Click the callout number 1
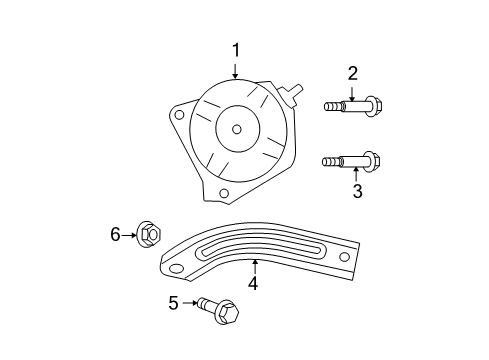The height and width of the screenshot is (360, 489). click(x=236, y=49)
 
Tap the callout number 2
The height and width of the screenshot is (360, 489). click(x=352, y=72)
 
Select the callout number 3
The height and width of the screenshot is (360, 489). click(x=357, y=191)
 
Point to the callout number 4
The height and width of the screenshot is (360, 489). click(x=253, y=284)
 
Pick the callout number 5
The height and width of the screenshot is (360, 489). click(x=173, y=302)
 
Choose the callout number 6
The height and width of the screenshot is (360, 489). click(x=115, y=234)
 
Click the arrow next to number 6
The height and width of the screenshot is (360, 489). click(x=130, y=235)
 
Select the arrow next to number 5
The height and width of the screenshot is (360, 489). click(x=189, y=302)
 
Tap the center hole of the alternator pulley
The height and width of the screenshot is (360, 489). click(x=236, y=128)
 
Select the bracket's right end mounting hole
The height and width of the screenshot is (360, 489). click(x=345, y=257)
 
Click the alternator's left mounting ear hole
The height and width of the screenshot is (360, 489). click(x=178, y=114)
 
